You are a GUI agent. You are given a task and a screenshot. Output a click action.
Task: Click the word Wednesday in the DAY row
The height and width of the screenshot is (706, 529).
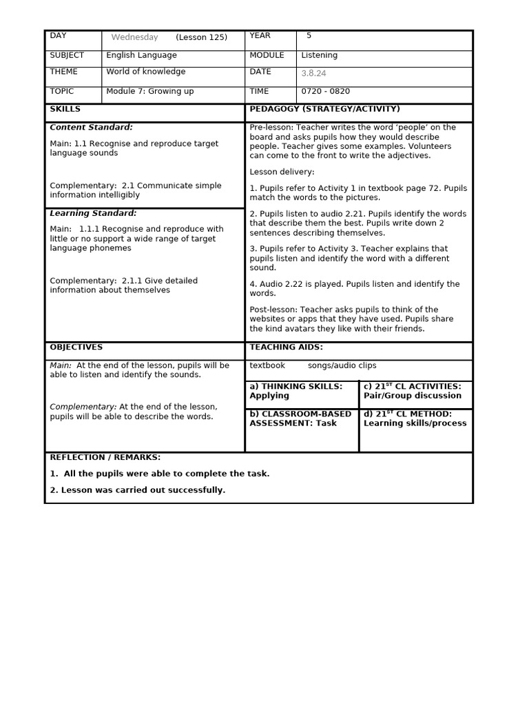click(134, 37)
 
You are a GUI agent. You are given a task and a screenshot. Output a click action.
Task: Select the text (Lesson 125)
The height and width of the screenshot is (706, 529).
click(201, 37)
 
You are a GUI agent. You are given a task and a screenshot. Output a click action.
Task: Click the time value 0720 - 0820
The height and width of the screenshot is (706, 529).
click(325, 91)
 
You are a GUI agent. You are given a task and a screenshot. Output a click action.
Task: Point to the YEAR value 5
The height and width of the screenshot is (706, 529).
click(309, 35)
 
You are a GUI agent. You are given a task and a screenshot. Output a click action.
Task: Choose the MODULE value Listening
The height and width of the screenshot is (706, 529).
click(319, 55)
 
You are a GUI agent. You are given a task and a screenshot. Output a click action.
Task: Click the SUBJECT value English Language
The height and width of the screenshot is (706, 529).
click(141, 55)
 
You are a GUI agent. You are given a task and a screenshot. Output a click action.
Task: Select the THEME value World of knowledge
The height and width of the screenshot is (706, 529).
click(145, 72)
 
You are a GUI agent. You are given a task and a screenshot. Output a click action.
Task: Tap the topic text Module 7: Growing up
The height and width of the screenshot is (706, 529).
click(149, 91)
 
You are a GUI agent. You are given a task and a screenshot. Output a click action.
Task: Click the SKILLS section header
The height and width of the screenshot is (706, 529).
click(65, 109)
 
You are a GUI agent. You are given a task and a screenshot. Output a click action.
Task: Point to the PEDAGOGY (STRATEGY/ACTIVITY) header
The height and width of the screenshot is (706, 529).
click(324, 109)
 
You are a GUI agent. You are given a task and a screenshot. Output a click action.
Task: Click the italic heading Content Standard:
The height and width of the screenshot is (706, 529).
click(91, 127)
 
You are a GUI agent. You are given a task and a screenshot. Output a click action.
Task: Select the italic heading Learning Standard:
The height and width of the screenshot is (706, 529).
click(93, 213)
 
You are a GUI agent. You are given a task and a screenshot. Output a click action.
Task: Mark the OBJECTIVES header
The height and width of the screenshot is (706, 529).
click(76, 347)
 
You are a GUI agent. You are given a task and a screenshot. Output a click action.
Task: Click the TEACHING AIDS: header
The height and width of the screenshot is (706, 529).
click(286, 347)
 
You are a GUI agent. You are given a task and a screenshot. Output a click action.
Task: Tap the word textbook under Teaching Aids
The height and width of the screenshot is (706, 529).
click(267, 365)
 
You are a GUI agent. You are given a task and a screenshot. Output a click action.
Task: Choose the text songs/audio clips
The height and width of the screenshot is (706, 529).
click(342, 365)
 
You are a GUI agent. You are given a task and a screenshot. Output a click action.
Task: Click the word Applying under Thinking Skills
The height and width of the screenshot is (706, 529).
click(269, 396)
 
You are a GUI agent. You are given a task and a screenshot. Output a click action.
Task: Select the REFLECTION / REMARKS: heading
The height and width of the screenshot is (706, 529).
click(105, 457)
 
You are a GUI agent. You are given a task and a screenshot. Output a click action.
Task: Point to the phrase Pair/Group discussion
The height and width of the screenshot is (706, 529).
click(412, 396)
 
